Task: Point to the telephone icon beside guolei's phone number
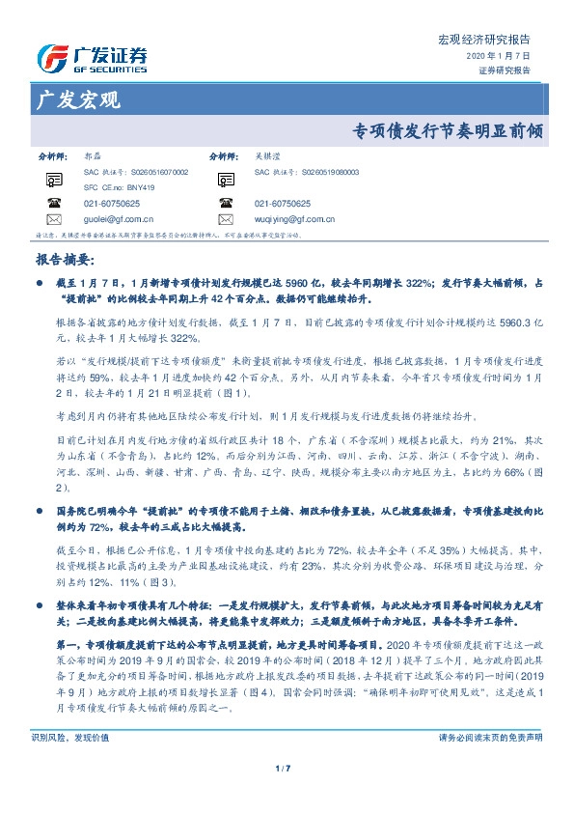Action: click(x=54, y=204)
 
